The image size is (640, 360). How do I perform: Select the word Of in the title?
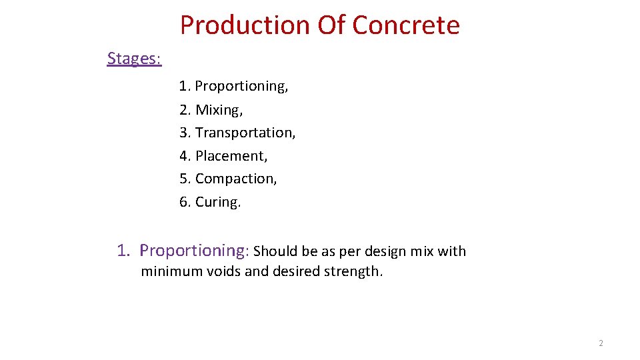pos(331,25)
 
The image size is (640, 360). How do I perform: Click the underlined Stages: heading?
pos(134,59)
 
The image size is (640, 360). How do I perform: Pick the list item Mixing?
pos(219,109)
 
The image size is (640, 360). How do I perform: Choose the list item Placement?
pos(231,156)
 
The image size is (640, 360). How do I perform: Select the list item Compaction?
pos(235,179)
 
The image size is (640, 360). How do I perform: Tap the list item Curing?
pos(217,202)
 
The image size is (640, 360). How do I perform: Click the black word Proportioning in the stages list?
pos(241,86)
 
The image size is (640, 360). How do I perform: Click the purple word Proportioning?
pos(193,251)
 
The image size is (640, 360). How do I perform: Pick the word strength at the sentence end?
pos(355,271)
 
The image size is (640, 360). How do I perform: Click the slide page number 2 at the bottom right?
pos(601,343)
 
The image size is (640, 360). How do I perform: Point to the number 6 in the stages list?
pos(183,202)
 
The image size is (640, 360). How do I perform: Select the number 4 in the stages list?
pos(183,156)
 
